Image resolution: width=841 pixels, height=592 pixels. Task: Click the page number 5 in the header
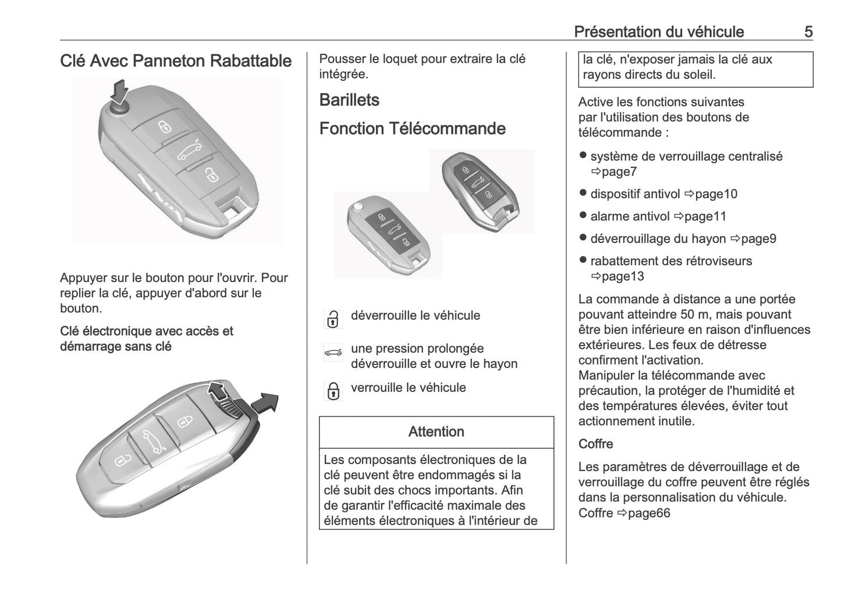point(808,31)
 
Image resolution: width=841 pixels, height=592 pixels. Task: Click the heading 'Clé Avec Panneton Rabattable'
point(176,61)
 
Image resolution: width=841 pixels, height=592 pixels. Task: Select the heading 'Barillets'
point(349,100)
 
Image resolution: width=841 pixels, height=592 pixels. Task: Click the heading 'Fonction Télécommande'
point(412,129)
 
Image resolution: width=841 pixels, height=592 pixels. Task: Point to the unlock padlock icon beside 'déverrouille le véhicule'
point(332,319)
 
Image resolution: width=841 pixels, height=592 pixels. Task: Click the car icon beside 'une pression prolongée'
point(332,352)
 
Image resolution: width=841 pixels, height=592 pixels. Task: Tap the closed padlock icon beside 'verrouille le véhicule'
point(332,391)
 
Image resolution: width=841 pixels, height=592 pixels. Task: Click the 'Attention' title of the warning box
point(436,431)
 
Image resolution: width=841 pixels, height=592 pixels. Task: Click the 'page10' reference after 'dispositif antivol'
point(711,194)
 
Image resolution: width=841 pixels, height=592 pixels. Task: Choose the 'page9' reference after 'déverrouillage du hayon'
point(753,238)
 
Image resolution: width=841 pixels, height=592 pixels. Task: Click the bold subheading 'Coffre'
point(595,444)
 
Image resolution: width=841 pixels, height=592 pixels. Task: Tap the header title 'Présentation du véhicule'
point(659,31)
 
